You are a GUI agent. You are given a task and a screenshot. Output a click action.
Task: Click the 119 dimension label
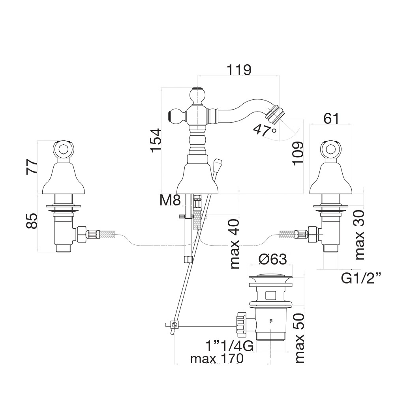click(x=239, y=70)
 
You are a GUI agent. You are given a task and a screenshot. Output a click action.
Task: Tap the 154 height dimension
click(x=155, y=140)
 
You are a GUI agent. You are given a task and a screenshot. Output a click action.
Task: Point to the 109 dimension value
click(x=298, y=153)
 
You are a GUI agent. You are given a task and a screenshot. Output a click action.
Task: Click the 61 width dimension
click(x=331, y=118)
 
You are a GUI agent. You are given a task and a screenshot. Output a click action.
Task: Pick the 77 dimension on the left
click(x=32, y=167)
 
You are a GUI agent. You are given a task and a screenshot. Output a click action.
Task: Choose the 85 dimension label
click(x=32, y=221)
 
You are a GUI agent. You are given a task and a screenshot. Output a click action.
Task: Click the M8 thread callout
click(x=170, y=201)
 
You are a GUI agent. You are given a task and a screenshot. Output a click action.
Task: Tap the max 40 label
click(x=234, y=243)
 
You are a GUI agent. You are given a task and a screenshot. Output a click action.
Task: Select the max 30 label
click(x=359, y=235)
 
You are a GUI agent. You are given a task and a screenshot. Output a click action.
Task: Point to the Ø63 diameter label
click(x=272, y=259)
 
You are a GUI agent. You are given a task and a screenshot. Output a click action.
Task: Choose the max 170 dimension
click(x=217, y=359)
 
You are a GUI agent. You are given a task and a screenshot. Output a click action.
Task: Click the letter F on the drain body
click(x=271, y=321)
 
